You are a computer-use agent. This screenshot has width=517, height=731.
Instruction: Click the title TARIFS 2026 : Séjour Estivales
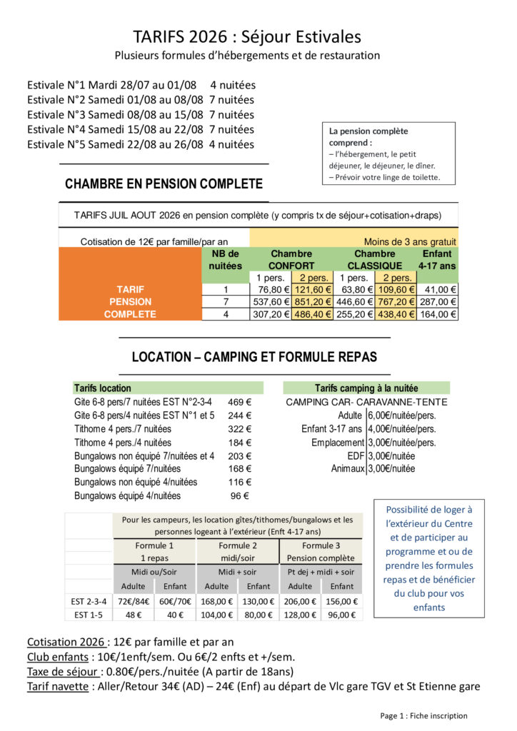tap(247, 36)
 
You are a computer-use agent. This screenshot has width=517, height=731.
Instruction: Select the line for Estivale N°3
tap(141, 114)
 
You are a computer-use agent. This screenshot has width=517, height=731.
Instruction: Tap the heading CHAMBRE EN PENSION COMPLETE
tap(164, 183)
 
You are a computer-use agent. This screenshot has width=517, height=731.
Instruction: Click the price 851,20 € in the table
tap(312, 301)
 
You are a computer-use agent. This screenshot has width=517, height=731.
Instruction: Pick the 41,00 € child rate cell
tap(437, 289)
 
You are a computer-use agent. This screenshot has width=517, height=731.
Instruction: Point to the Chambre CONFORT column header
tap(291, 259)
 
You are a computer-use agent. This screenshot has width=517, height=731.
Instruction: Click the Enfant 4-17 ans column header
tap(437, 259)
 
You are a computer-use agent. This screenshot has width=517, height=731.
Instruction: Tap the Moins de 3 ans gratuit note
tap(410, 242)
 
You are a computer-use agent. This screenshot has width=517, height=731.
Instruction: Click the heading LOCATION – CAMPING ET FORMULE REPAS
tap(254, 356)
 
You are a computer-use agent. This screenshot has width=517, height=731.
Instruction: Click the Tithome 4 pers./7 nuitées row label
tap(123, 429)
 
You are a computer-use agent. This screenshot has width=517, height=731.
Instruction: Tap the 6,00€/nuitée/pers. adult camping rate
tap(401, 415)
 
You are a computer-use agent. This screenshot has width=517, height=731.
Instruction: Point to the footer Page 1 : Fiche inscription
tap(423, 715)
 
